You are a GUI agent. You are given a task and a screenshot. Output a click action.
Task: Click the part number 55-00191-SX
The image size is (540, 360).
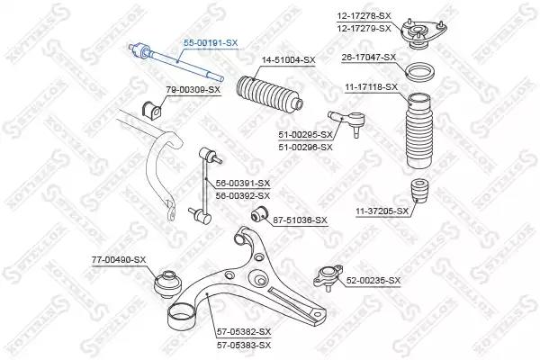tap(211, 42)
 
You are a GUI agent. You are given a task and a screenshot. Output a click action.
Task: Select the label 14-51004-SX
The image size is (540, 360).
tap(288, 60)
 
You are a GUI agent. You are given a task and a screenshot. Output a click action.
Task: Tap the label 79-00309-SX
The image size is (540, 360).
tap(193, 91)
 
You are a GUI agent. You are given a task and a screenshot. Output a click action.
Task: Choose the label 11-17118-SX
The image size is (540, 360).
tap(370, 86)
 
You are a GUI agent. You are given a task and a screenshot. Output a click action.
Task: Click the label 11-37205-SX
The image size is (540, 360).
tap(382, 211)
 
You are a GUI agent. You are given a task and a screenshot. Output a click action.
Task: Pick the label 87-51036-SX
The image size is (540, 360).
tap(301, 220)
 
